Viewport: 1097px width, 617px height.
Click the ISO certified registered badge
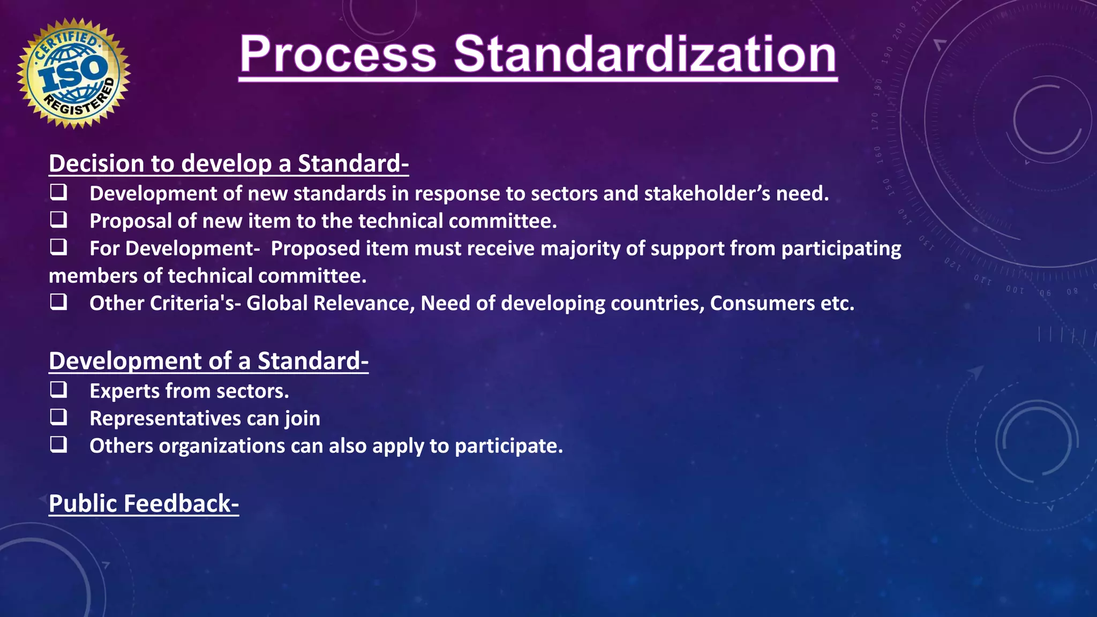tap(74, 73)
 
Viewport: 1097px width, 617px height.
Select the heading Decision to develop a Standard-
tap(229, 163)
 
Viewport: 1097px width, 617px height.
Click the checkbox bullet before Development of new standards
tap(58, 192)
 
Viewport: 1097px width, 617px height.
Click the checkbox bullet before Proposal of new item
tap(58, 220)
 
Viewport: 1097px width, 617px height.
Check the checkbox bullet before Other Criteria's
tap(58, 302)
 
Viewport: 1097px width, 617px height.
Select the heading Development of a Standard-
tap(208, 361)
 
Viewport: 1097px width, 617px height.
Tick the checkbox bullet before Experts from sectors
tap(58, 390)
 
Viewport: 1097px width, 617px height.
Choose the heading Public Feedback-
tap(144, 503)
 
